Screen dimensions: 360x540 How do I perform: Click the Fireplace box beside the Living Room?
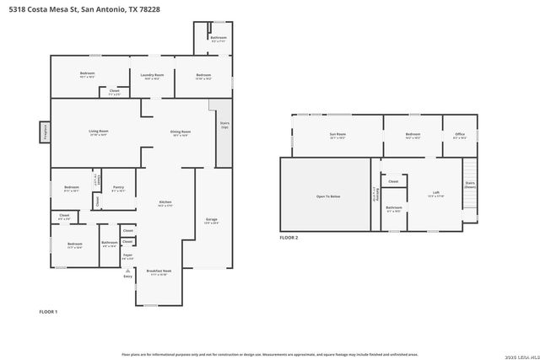[x=44, y=132]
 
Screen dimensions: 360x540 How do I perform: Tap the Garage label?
[x=212, y=220]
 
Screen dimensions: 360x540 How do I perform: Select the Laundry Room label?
[x=152, y=75]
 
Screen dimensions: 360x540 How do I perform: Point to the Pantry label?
[x=118, y=187]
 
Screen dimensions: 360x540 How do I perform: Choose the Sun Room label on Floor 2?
[x=337, y=134]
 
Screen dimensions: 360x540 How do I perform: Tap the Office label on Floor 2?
[x=460, y=134]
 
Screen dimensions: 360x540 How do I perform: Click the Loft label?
[x=435, y=193]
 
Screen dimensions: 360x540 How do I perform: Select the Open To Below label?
[x=328, y=196]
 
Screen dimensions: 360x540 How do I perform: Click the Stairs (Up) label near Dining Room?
[x=224, y=125]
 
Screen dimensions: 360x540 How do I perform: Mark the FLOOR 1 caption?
[x=48, y=312]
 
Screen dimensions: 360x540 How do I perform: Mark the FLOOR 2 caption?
[x=289, y=238]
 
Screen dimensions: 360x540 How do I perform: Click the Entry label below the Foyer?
[x=128, y=276]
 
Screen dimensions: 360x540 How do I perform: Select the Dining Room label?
[x=181, y=132]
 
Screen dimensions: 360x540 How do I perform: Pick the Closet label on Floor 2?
[x=393, y=181]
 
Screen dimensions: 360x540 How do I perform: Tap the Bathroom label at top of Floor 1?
[x=219, y=38]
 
